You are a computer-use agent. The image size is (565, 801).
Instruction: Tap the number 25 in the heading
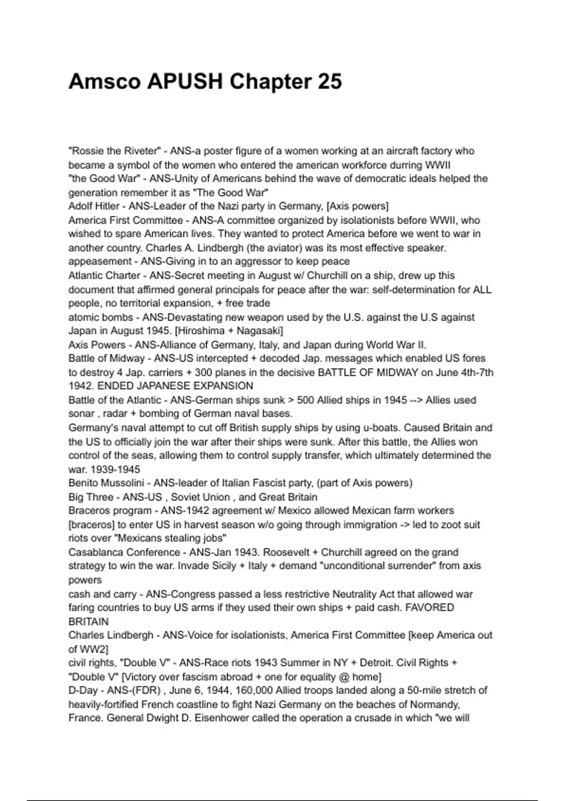point(329,82)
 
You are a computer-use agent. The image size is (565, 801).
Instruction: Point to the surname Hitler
point(107,206)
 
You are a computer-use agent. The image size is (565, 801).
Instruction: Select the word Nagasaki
point(259,331)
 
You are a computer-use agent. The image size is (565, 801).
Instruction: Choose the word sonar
point(82,414)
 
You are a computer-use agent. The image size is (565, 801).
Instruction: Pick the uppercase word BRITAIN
point(89,621)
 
